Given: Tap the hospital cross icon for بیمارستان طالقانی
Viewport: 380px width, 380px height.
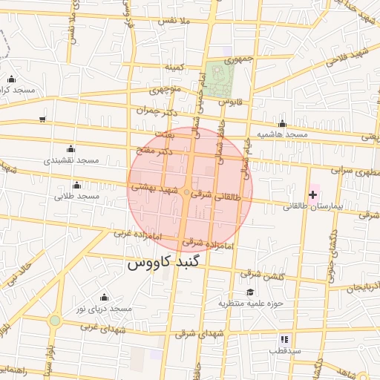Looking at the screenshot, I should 312,195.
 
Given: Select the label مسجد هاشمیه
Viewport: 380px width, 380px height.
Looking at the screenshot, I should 282,134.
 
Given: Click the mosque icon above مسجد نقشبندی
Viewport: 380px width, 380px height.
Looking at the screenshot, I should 71,148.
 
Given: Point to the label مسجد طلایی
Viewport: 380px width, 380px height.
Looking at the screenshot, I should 77,197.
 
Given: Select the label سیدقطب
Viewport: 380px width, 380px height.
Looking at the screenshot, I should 284,350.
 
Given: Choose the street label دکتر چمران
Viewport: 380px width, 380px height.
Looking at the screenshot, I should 159,110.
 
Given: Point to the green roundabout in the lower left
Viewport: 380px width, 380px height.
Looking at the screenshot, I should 54,321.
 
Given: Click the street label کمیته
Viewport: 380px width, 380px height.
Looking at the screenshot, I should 174,67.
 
